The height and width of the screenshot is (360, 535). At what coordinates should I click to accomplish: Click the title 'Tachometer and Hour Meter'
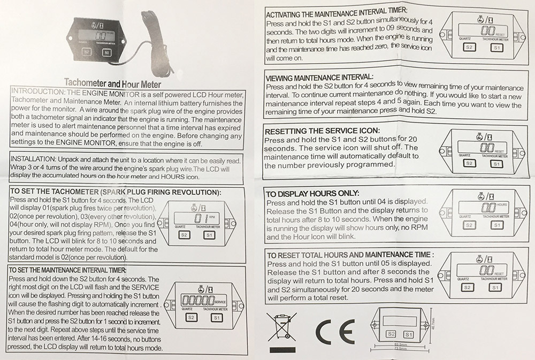click(x=112, y=83)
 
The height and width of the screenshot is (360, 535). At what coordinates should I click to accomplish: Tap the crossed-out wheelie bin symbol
click(x=282, y=327)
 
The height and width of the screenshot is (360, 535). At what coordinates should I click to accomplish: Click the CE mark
click(x=335, y=332)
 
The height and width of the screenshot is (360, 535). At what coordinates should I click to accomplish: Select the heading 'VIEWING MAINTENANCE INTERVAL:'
click(x=319, y=78)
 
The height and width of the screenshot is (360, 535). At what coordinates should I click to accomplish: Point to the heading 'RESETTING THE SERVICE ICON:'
click(x=322, y=131)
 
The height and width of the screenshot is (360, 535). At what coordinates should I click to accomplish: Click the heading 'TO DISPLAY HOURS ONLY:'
click(x=312, y=194)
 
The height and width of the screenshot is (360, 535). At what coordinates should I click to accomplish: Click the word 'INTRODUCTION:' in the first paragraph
click(x=38, y=92)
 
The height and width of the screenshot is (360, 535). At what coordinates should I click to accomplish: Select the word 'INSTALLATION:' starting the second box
click(x=33, y=159)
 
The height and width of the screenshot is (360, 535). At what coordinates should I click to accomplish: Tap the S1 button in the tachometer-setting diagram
click(x=209, y=235)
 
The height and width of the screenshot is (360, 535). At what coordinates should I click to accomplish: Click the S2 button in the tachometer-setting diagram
click(x=184, y=235)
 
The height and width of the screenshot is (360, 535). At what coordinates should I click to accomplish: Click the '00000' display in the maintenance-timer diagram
click(x=198, y=300)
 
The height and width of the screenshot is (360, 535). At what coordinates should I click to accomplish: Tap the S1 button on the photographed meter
click(x=107, y=52)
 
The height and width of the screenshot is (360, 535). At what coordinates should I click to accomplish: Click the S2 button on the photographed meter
click(x=87, y=52)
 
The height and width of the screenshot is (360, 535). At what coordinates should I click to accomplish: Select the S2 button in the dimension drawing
click(x=391, y=334)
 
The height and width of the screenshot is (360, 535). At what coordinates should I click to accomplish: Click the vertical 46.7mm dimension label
click(x=434, y=323)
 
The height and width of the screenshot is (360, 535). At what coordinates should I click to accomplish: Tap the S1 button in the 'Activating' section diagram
click(x=496, y=48)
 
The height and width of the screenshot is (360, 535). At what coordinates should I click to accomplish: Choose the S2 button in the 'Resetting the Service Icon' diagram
click(x=469, y=164)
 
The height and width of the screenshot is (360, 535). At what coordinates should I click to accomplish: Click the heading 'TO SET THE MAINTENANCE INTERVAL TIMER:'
click(x=67, y=270)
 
